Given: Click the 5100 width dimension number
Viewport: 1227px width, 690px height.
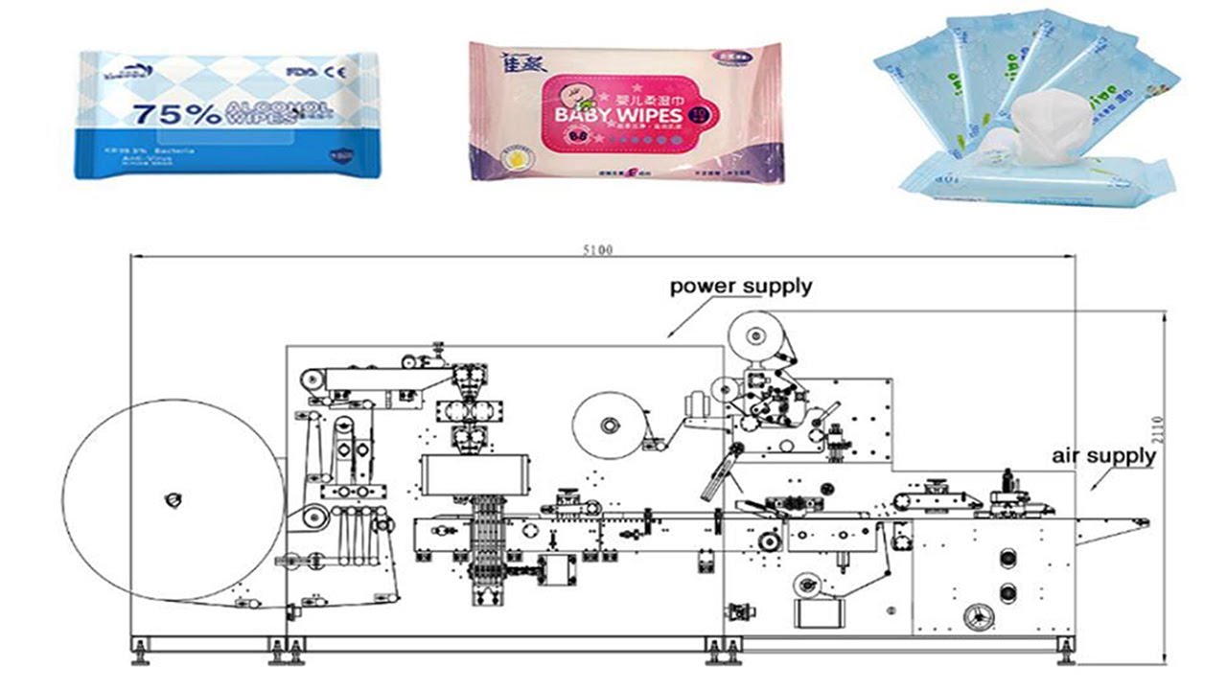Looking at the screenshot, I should (x=596, y=250).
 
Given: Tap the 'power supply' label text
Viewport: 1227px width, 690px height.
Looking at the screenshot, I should (x=740, y=286).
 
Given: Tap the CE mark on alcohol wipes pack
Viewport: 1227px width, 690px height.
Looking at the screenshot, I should (x=339, y=71).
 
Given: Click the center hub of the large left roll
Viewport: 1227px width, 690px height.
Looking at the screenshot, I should (x=173, y=500).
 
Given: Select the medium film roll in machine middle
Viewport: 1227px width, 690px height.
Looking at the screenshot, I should (x=610, y=424).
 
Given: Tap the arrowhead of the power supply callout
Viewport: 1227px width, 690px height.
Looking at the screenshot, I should (x=670, y=334).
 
